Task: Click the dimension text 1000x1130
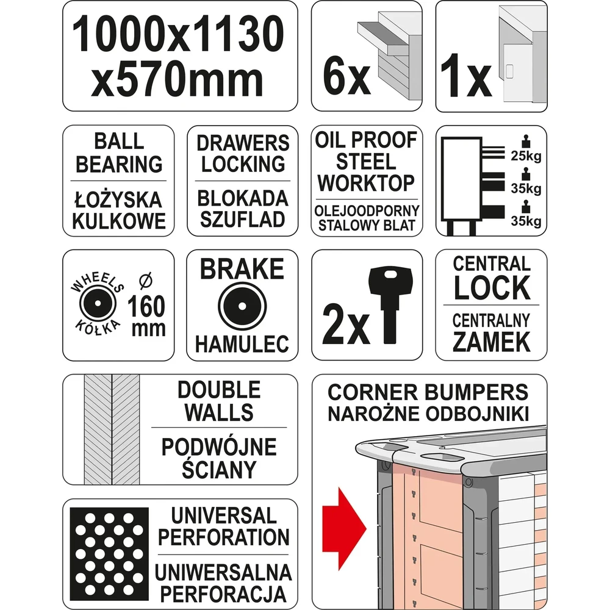(178, 34)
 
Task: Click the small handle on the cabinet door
(509, 71)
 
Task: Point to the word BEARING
(119, 163)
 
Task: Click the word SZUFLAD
(242, 220)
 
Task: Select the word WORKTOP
(366, 183)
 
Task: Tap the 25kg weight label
(526, 156)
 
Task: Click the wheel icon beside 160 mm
(98, 303)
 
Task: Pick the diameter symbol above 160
(146, 281)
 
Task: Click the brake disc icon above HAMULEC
(242, 306)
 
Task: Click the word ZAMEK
(491, 341)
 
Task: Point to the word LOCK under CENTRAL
(492, 287)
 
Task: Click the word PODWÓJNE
(219, 447)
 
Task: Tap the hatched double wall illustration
(112, 429)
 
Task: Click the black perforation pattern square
(109, 554)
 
